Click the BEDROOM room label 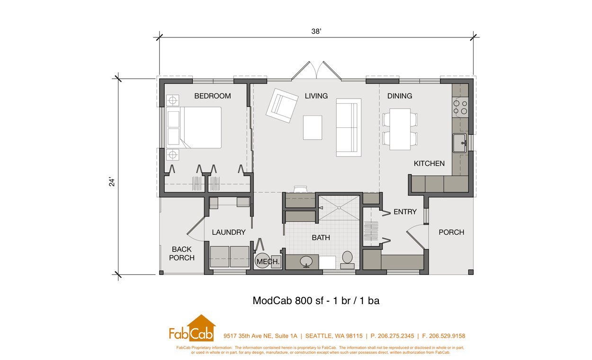click(213, 96)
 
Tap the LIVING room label click(316, 96)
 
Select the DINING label click(400, 96)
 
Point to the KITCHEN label click(429, 163)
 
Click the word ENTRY click(405, 212)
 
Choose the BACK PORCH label click(182, 253)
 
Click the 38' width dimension click(316, 31)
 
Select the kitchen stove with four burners click(460, 108)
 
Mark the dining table click(400, 129)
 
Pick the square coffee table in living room click(313, 127)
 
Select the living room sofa click(349, 127)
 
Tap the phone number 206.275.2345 click(393, 336)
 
